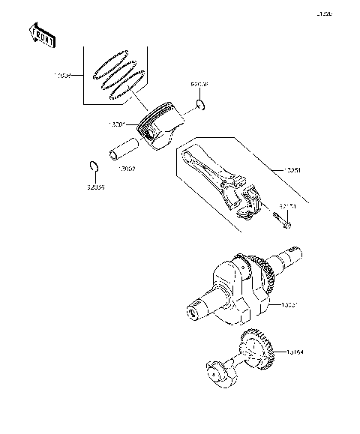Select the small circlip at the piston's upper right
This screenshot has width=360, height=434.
click(x=199, y=103)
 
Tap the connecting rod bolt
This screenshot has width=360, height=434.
click(x=282, y=220)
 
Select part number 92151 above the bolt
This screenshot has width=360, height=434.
click(x=289, y=204)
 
